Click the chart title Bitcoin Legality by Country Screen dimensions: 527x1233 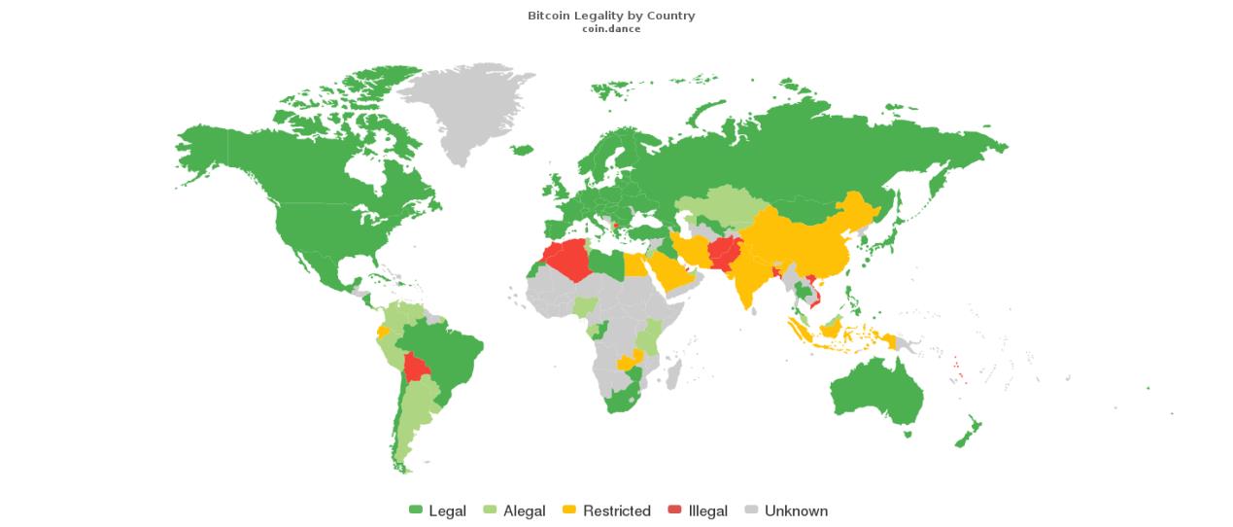click(x=611, y=16)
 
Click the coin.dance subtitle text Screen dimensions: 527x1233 click(x=611, y=28)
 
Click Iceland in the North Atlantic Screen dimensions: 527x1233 click(x=522, y=150)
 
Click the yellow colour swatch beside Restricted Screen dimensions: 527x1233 click(x=570, y=510)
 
